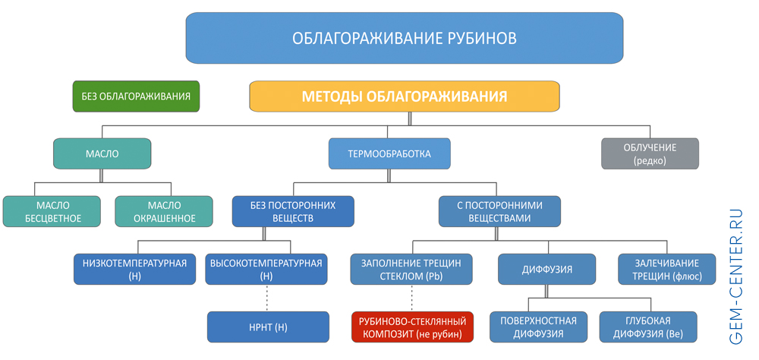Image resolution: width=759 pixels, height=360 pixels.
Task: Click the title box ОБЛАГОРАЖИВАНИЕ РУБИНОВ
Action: point(404,38)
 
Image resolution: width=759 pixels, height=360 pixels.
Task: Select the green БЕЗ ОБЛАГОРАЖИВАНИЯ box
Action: point(136,96)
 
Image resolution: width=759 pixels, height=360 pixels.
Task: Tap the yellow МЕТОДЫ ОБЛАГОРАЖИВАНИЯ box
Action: point(405,96)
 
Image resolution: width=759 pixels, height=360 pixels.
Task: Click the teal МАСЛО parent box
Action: point(102,153)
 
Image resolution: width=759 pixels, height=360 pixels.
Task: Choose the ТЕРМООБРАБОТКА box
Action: point(389,153)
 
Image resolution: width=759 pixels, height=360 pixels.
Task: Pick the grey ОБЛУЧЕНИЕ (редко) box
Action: point(649,153)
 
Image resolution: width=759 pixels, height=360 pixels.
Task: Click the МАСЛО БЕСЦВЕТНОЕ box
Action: point(52,212)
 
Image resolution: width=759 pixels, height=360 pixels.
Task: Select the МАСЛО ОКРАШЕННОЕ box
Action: point(165,212)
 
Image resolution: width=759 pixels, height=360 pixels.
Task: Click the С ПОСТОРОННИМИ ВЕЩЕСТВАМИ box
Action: point(500,212)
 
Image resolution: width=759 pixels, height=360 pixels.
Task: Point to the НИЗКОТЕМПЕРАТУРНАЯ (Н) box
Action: point(134,270)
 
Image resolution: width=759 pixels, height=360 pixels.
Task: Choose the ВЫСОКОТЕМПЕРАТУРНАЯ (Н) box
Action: point(266,270)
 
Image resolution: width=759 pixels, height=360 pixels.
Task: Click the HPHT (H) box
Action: point(269,327)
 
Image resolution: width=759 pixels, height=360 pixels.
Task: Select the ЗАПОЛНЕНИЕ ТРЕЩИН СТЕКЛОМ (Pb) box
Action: point(411,270)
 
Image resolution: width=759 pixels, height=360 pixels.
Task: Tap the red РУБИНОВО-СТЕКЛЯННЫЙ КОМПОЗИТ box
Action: point(412,327)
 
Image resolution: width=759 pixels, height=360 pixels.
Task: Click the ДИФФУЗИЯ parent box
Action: point(546,270)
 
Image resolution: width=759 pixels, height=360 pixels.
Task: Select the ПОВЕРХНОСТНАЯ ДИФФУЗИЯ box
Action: point(537,327)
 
